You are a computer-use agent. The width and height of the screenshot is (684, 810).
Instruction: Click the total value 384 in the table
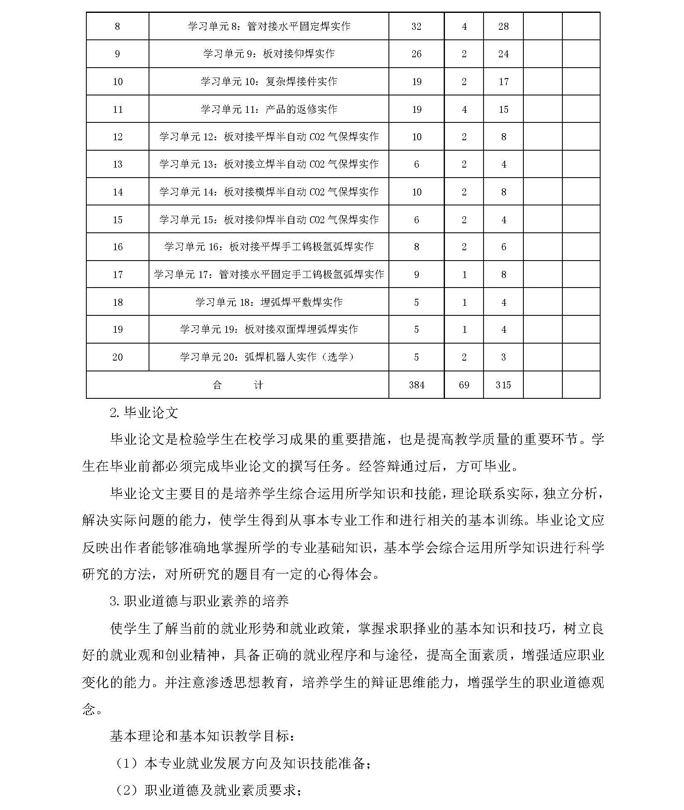tap(416, 385)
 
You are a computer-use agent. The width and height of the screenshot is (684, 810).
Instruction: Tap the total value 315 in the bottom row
tap(503, 385)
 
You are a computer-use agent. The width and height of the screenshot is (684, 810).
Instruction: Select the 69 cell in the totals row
tap(464, 385)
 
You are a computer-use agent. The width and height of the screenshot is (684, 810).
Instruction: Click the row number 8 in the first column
tap(117, 27)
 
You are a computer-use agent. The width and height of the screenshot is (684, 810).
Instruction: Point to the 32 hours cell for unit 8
tap(416, 27)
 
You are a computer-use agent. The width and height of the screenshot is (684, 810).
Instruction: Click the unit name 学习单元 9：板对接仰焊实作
tap(269, 54)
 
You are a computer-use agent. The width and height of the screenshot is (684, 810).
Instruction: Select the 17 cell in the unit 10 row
tap(503, 82)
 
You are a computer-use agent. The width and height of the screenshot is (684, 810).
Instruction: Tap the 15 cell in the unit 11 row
tap(503, 110)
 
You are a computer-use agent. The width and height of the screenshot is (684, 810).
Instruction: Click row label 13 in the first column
tap(117, 164)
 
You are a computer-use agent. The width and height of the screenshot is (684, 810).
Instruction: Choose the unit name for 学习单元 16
tap(269, 247)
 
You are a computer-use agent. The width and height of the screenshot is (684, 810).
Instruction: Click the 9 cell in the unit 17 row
tap(416, 275)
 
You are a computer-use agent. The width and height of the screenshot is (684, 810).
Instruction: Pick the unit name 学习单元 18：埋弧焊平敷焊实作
tap(269, 302)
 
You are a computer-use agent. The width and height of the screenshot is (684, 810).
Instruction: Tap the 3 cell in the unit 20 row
tap(503, 357)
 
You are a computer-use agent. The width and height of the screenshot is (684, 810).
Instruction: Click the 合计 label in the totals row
tap(237, 385)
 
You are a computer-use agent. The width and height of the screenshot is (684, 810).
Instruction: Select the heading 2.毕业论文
tap(144, 412)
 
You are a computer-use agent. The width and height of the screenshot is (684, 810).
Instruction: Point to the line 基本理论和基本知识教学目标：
tap(203, 736)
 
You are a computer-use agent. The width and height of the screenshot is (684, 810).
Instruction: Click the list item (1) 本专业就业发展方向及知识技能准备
tap(243, 763)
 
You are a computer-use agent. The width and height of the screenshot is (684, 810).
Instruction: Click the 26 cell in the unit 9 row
tap(416, 54)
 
